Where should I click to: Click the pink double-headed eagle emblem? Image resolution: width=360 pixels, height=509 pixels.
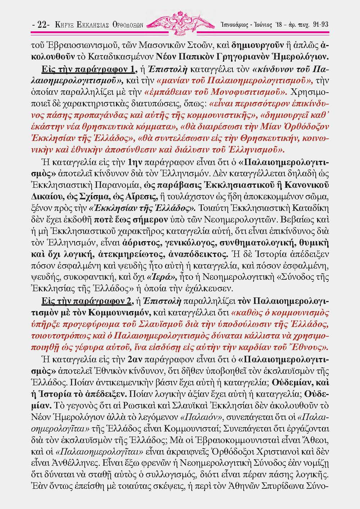tap(179, 23)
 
